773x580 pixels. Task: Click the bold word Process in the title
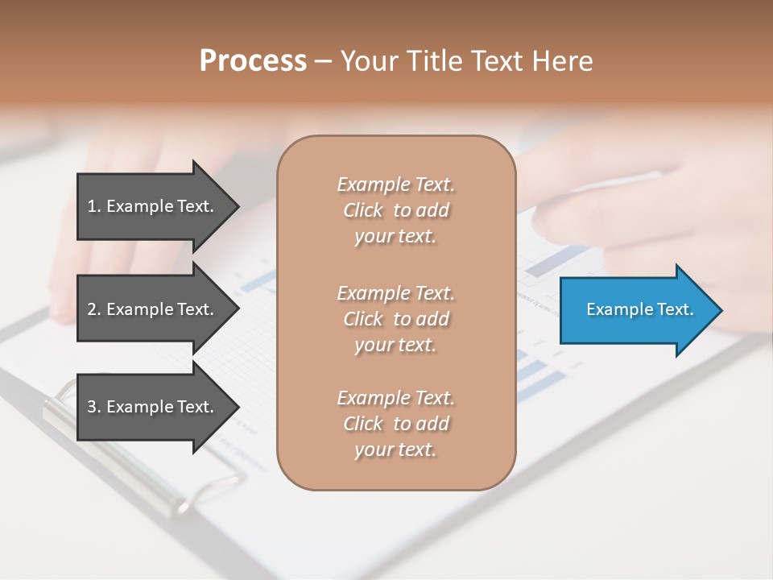click(253, 61)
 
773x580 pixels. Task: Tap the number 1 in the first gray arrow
click(92, 206)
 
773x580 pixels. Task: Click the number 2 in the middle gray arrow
click(92, 309)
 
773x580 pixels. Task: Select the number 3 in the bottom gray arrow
click(92, 407)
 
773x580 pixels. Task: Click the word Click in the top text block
click(363, 211)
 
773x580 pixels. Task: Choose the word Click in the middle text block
click(363, 319)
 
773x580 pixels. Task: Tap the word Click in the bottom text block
click(363, 424)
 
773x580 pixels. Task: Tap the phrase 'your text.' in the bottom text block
click(395, 449)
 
